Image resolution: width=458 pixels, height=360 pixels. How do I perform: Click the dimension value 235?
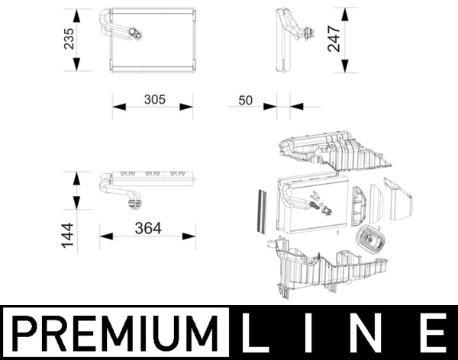(x=70, y=40)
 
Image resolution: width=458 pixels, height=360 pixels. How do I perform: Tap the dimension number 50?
(x=246, y=100)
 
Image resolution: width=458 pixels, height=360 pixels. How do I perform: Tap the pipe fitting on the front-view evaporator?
(x=134, y=32)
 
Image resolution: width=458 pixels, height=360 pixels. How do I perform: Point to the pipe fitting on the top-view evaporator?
(x=135, y=202)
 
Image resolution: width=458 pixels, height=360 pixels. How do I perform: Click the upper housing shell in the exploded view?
(x=336, y=153)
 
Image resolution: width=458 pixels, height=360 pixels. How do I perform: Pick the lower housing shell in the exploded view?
(x=328, y=271)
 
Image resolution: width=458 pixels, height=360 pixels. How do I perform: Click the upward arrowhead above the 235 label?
(x=78, y=13)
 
